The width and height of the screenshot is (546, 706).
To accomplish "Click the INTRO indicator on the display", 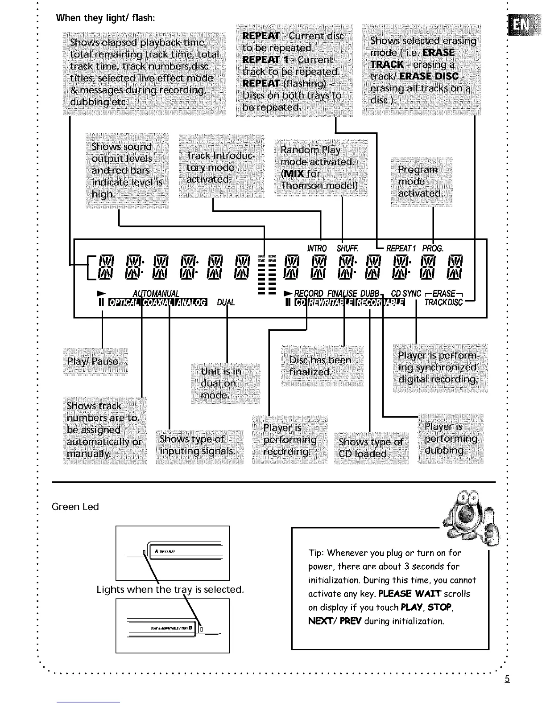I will click(317, 248).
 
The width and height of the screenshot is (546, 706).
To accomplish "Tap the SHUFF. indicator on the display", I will click(347, 248).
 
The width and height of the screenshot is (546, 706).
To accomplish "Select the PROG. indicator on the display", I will click(432, 248).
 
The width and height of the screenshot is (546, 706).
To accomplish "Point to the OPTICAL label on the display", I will click(124, 303).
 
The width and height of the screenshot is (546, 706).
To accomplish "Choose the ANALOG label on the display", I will click(190, 303).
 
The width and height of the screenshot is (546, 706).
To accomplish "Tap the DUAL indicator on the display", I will click(226, 303).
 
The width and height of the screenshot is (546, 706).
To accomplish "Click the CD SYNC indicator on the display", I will click(406, 294).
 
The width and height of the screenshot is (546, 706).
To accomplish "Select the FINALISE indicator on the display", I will click(342, 294).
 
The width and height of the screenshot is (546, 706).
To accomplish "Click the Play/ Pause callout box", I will click(95, 361).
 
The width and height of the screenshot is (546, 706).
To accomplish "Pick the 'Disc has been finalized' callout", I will click(322, 366).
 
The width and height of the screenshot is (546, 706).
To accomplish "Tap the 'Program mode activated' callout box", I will click(421, 181).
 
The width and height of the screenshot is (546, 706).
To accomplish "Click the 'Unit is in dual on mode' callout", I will click(225, 383).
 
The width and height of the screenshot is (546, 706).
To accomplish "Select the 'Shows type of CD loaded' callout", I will click(371, 447).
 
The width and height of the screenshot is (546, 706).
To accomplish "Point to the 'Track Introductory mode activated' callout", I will click(221, 167).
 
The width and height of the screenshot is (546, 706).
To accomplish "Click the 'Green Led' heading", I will click(75, 507).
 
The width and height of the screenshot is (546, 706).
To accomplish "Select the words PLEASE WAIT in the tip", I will click(409, 594).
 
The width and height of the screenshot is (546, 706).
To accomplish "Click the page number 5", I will click(507, 679).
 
